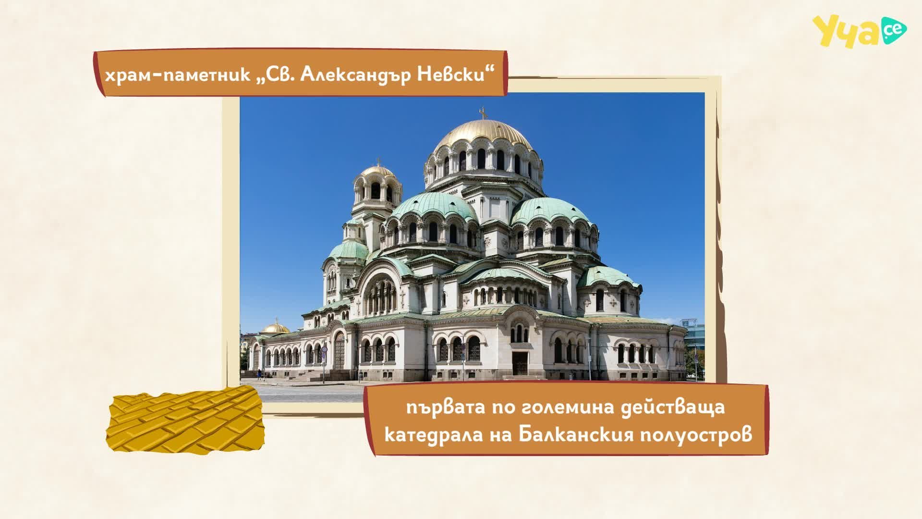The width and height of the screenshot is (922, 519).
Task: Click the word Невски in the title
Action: tap(460, 76)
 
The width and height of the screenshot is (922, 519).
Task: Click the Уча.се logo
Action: tap(859, 31)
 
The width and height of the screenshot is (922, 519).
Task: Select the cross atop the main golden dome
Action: tap(484, 113)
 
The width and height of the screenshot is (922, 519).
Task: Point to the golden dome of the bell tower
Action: tap(377, 171)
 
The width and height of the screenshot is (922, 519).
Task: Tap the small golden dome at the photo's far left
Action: tap(276, 328)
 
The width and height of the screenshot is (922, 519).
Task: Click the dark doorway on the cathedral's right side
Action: tap(520, 363)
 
